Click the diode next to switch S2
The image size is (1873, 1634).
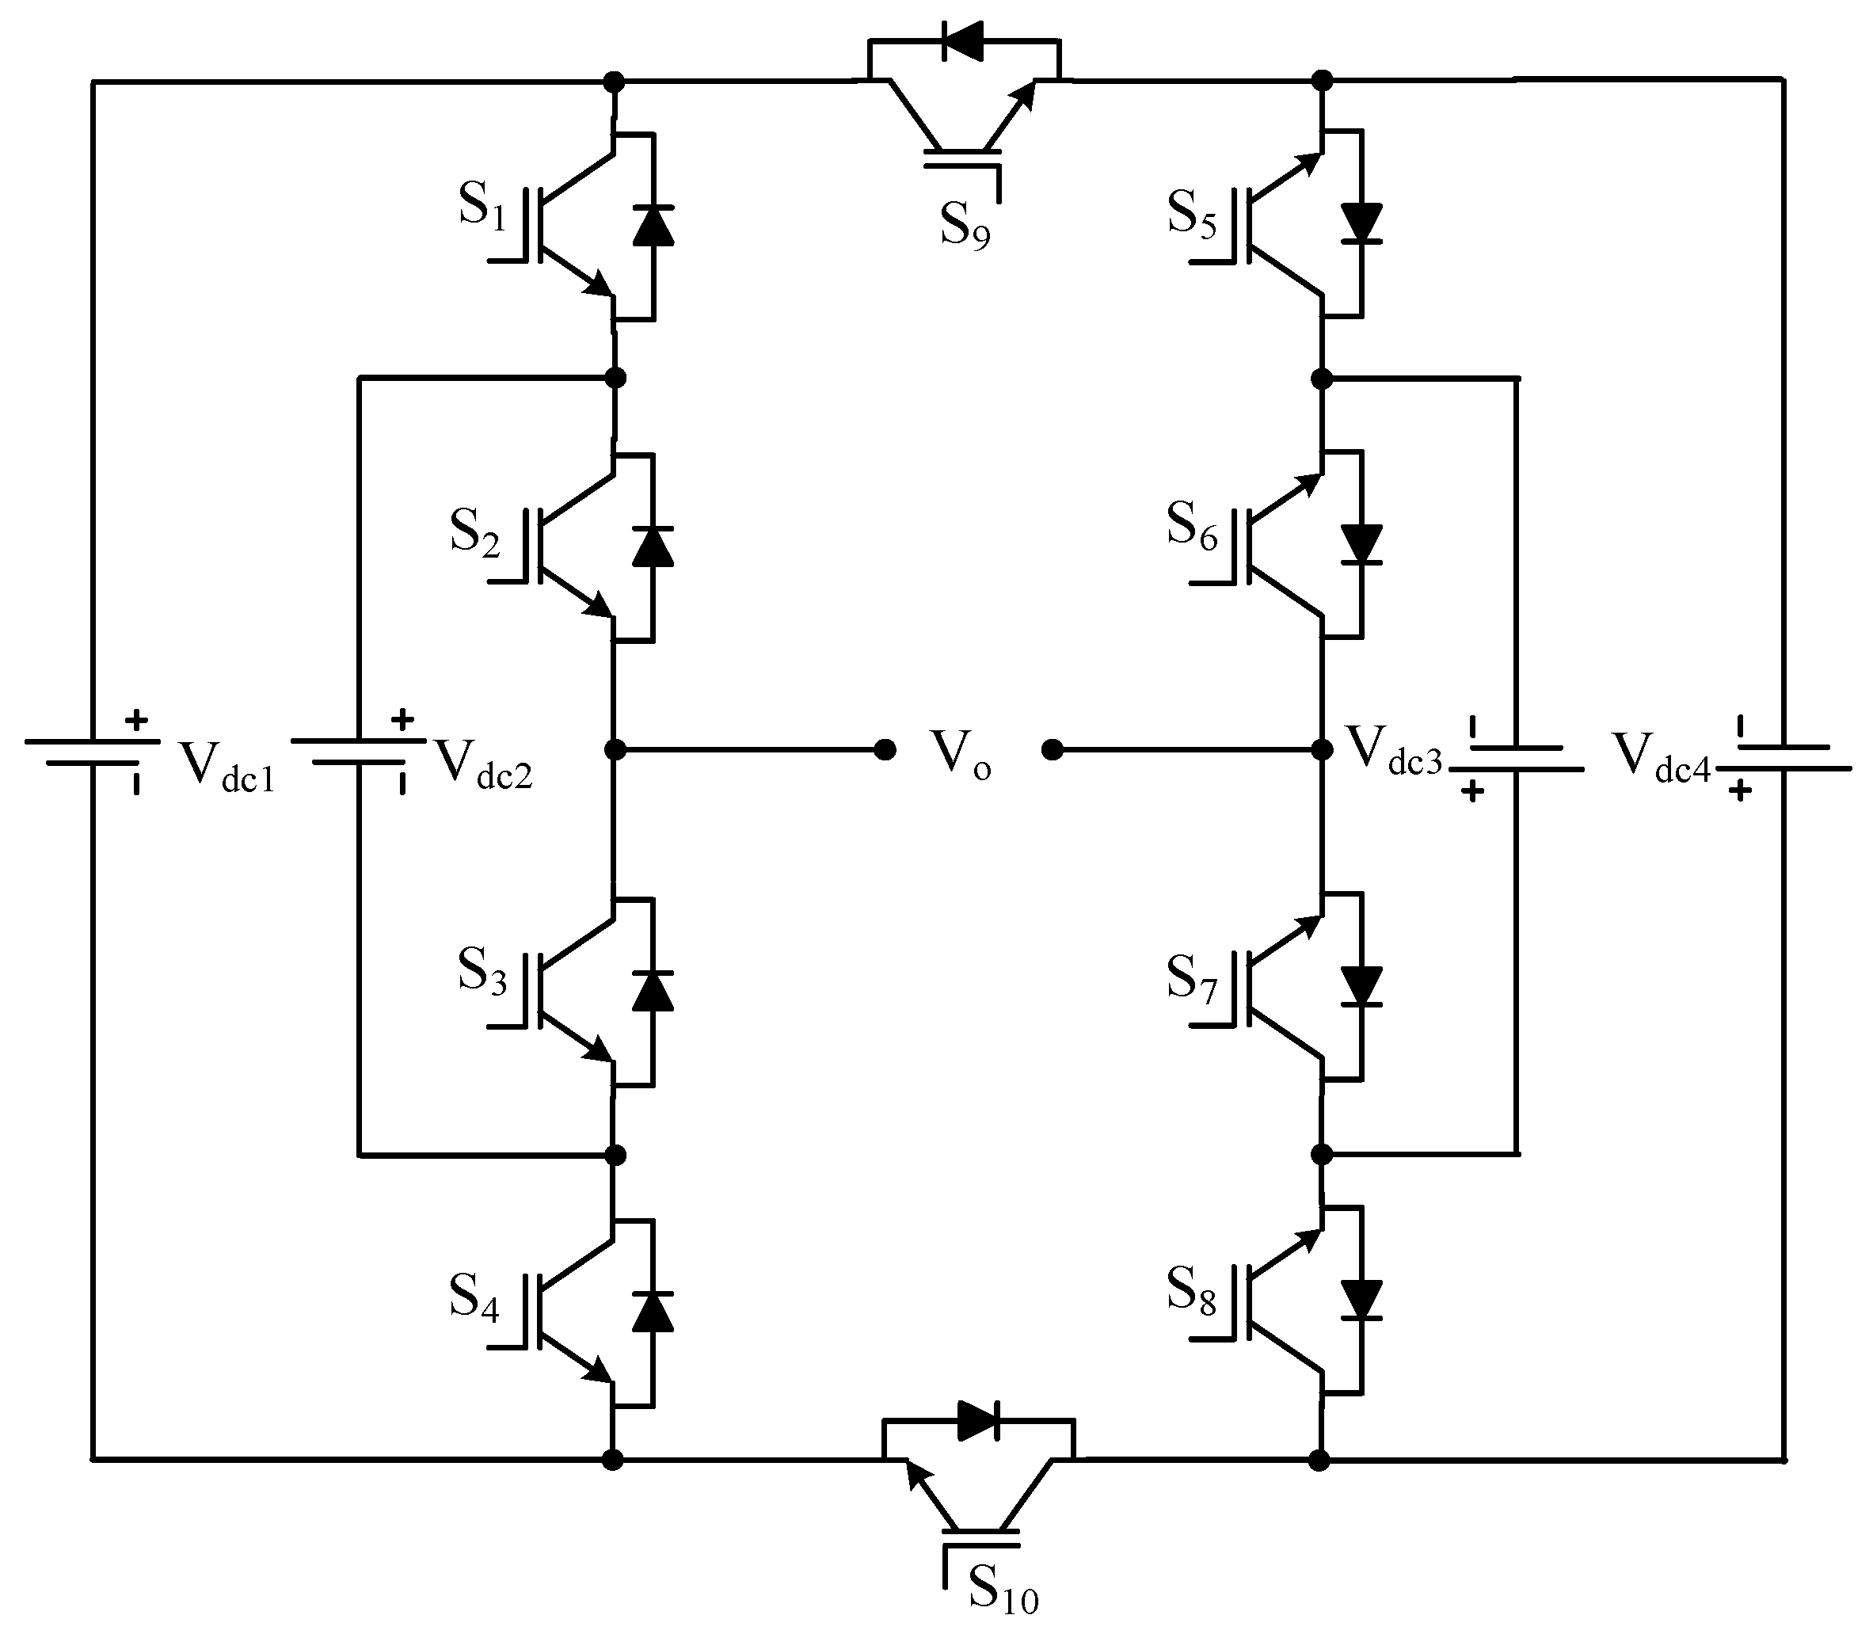[x=653, y=547]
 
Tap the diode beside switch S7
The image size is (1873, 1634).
[x=1361, y=985]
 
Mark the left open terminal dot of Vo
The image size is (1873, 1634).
[x=884, y=750]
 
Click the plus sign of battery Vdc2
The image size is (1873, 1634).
[x=402, y=720]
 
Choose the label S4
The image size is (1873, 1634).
[x=474, y=1298]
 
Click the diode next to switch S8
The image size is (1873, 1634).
[x=1361, y=1299]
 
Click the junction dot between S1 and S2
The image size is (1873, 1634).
[x=615, y=376]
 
